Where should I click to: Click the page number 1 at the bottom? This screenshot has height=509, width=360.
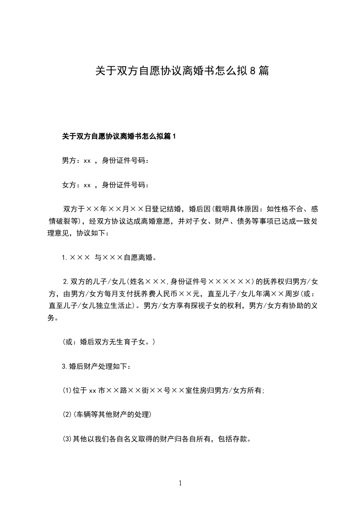[x=180, y=483]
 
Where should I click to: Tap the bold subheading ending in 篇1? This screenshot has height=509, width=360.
[x=118, y=136]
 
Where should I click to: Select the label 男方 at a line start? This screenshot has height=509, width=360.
[x=69, y=161]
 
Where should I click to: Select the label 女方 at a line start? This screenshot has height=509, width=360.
[x=69, y=185]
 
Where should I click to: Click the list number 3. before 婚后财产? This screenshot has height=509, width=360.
[x=65, y=366]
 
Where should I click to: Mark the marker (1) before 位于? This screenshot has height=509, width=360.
[x=67, y=391]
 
